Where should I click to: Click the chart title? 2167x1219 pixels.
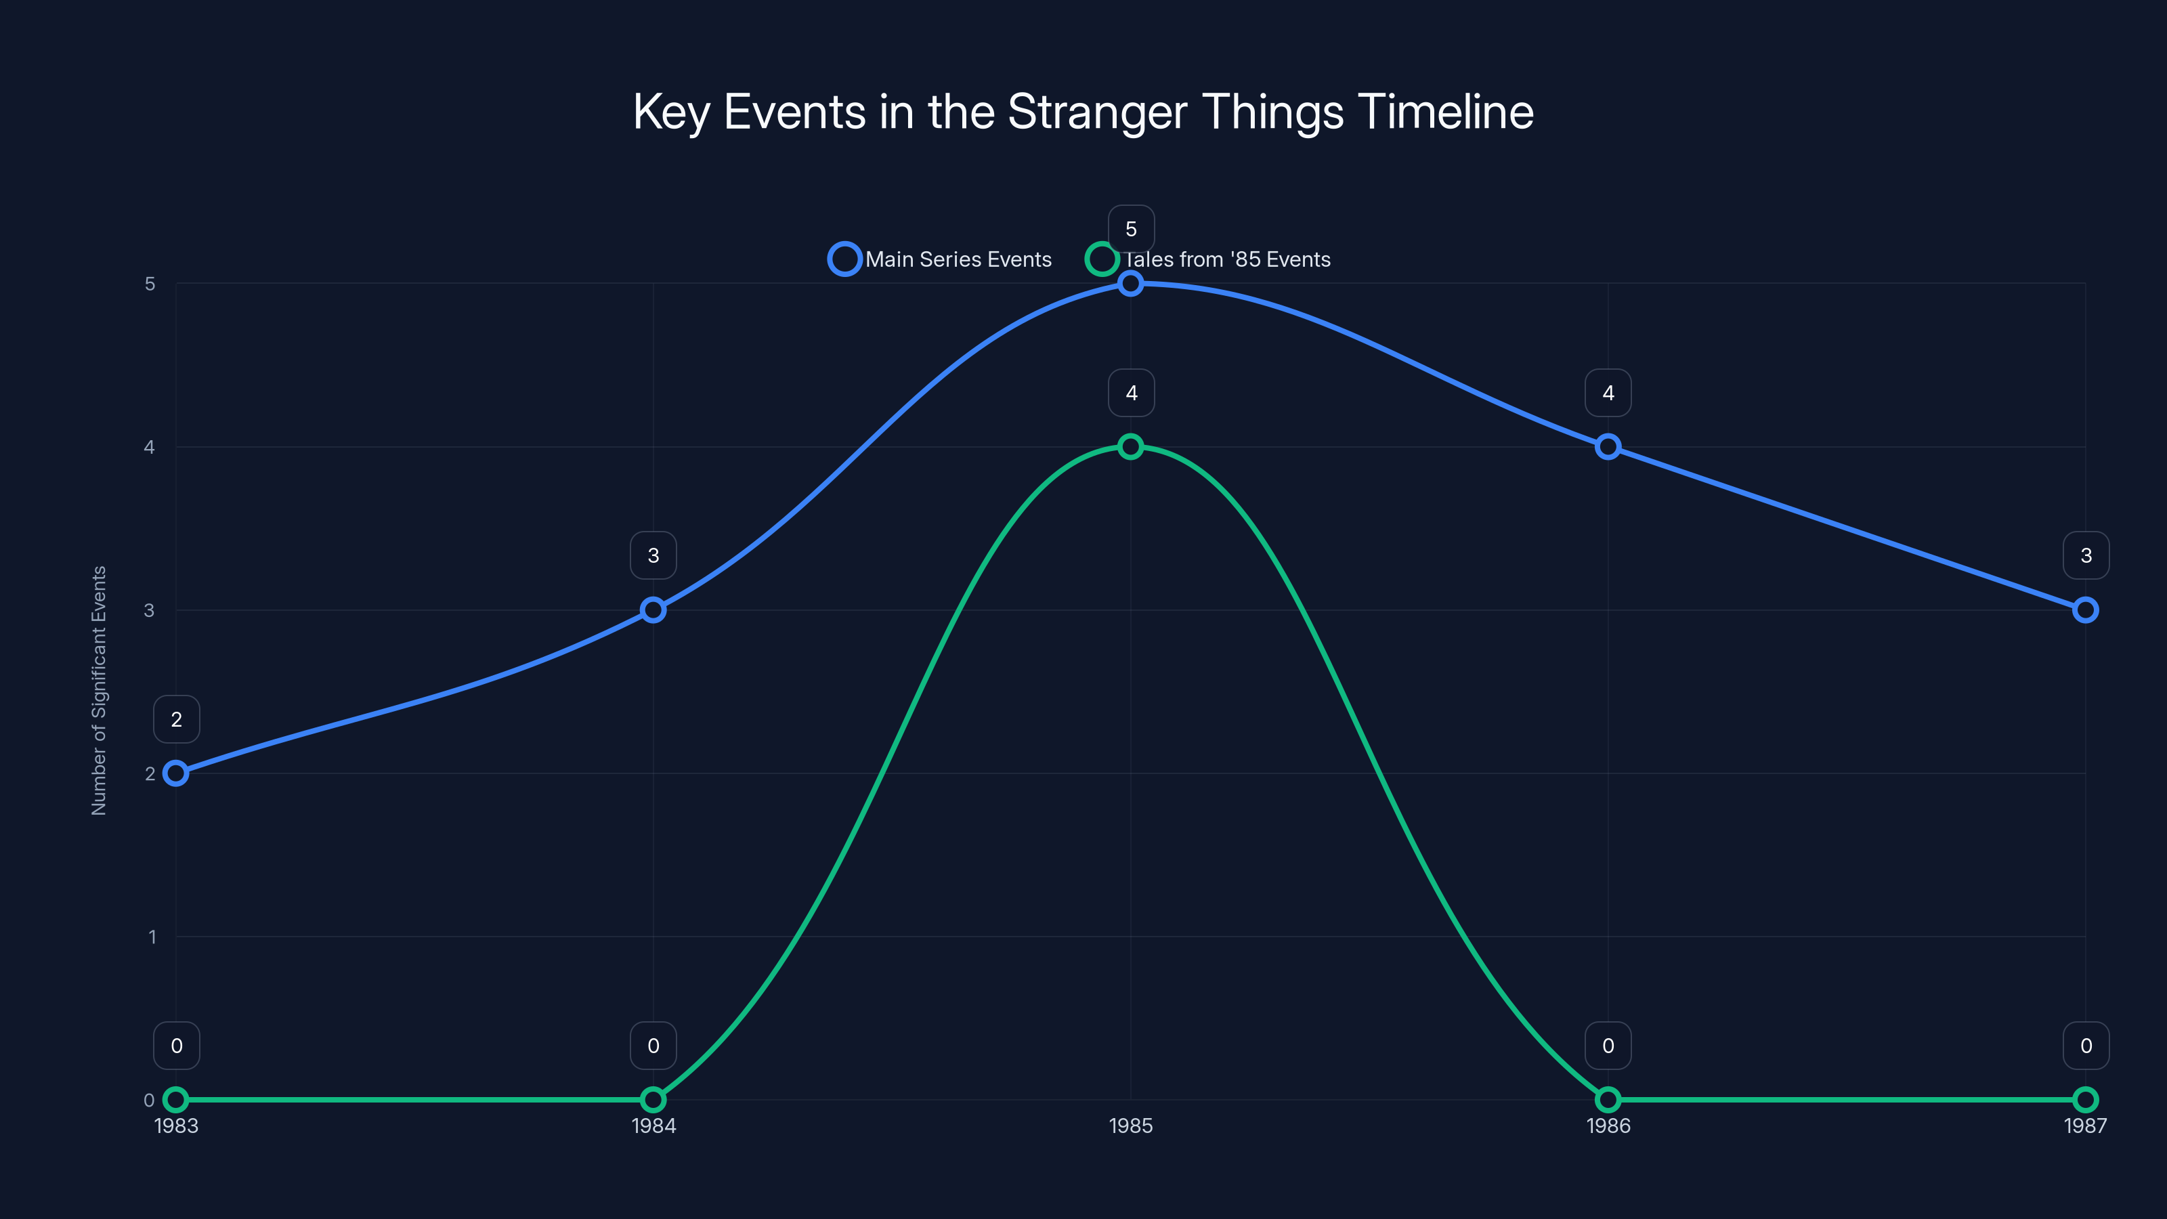click(1083, 112)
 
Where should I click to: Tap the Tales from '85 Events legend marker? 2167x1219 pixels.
click(1101, 259)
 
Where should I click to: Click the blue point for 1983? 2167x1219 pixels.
click(176, 773)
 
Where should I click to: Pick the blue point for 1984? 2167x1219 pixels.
click(653, 610)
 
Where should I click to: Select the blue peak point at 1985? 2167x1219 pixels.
click(1131, 284)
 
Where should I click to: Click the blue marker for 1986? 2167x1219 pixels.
click(1608, 447)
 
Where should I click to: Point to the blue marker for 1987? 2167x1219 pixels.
click(2084, 610)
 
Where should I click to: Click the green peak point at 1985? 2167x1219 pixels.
click(1131, 447)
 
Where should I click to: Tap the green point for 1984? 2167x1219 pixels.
click(653, 1100)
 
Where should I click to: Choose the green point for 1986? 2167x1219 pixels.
click(1608, 1100)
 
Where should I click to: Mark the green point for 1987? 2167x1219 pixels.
click(2084, 1100)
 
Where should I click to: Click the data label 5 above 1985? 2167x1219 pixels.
click(1131, 229)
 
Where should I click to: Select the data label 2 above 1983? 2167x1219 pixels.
click(176, 719)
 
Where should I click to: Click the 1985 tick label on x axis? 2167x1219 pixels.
click(1131, 1126)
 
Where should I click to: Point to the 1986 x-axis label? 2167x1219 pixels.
click(1608, 1126)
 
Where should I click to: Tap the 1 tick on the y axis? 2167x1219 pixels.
click(152, 937)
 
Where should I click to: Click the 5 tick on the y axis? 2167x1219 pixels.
click(150, 284)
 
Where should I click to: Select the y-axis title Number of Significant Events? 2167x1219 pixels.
click(100, 690)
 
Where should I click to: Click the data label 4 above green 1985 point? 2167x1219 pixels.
click(1131, 393)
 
